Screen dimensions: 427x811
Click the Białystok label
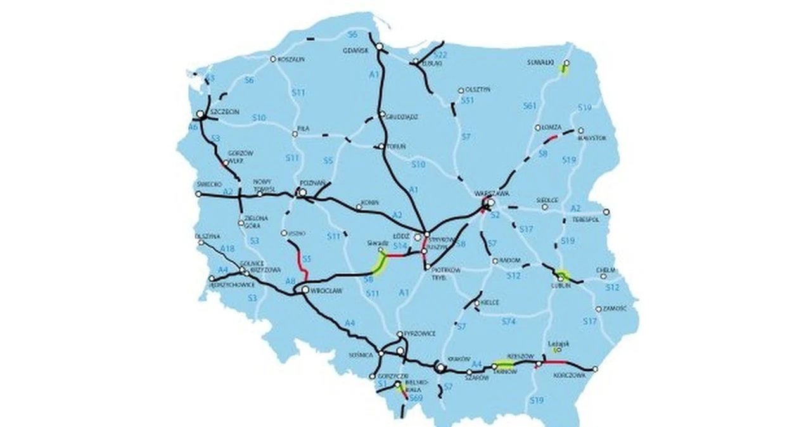click(x=592, y=137)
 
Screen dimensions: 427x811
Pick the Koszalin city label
click(x=291, y=59)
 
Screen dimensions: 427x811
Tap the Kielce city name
click(x=490, y=303)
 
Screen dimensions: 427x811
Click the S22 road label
click(x=441, y=56)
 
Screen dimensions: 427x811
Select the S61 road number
click(x=530, y=106)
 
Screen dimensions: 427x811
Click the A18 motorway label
click(x=227, y=250)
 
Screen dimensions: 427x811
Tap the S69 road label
click(x=416, y=398)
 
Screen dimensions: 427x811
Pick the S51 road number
click(x=468, y=101)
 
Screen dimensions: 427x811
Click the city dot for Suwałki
click(x=566, y=63)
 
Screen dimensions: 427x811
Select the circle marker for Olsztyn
click(x=461, y=90)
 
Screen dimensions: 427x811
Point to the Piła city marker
click(x=295, y=134)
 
